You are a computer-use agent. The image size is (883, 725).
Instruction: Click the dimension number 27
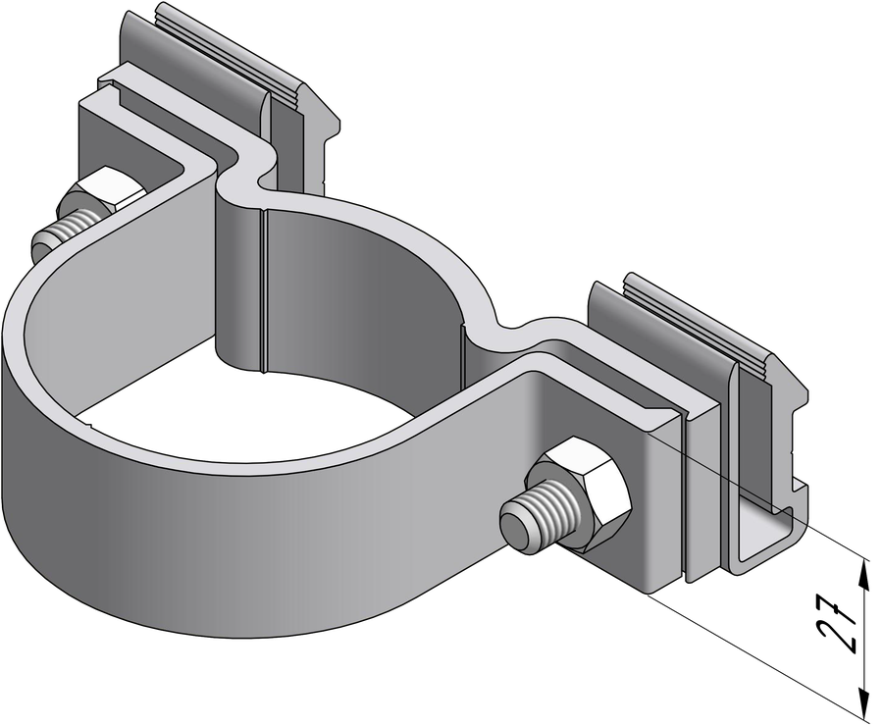[x=839, y=627]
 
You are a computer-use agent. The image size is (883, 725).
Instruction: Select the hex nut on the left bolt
[x=104, y=194]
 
